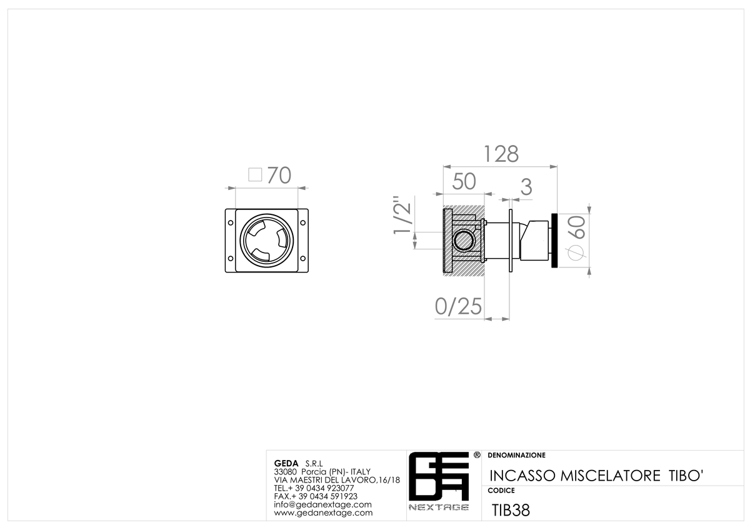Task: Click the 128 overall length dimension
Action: (501, 154)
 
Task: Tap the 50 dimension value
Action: (464, 181)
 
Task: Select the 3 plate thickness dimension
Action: (526, 187)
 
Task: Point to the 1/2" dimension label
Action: (402, 215)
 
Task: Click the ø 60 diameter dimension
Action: (577, 237)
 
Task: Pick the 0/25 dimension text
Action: (458, 306)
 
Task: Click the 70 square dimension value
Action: (279, 175)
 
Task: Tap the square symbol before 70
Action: (255, 174)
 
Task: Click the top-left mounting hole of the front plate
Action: (231, 222)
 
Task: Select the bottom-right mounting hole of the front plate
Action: (302, 258)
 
